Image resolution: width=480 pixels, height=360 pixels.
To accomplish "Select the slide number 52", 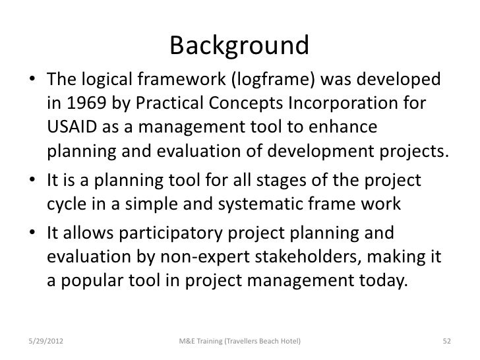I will click(446, 340).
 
